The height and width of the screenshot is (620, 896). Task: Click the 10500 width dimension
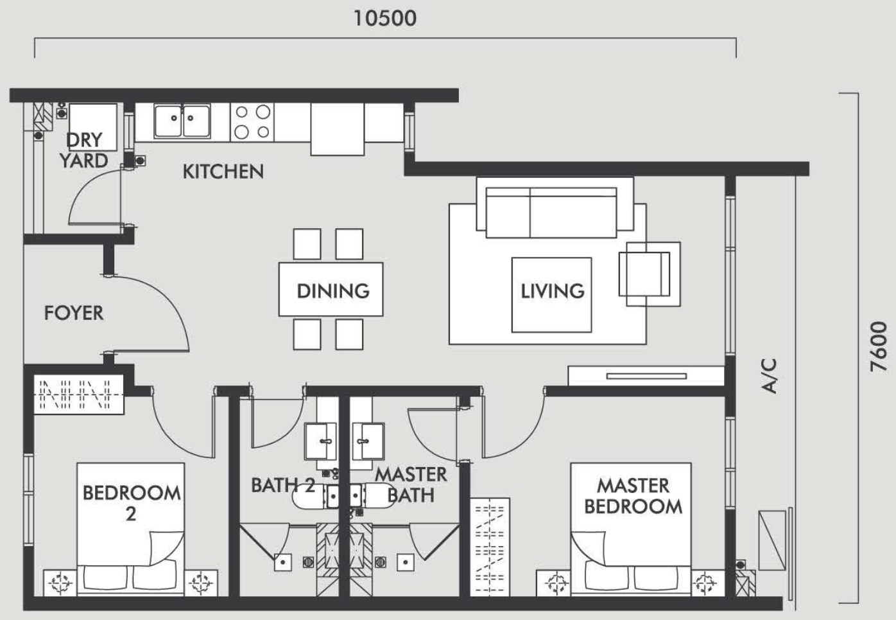pos(385,19)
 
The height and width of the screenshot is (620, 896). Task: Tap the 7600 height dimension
pos(879,347)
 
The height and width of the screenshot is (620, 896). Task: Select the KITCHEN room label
pos(223,172)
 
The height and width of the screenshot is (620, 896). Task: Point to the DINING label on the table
pos(333,291)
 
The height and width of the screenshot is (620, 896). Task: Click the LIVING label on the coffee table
pos(553,291)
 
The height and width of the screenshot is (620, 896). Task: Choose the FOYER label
pos(74,313)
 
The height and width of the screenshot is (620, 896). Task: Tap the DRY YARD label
pos(84,150)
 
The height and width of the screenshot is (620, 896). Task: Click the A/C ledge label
pos(769,376)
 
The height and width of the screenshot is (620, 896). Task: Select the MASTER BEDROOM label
pos(633,496)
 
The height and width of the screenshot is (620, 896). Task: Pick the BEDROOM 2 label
pos(131,503)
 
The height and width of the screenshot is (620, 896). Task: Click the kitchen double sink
pos(182,120)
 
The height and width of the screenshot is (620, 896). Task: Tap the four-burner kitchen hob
pos(252,122)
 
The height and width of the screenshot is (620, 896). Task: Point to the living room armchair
pos(649,274)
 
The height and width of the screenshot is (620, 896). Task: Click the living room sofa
pos(555,208)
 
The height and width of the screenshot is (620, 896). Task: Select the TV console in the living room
pos(646,376)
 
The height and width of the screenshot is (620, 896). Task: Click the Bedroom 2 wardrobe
pos(79,394)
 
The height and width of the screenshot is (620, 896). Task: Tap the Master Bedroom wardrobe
pos(490,547)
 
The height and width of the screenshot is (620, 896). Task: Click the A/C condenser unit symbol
pos(772,541)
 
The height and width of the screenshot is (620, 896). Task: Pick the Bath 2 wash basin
pos(320,441)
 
